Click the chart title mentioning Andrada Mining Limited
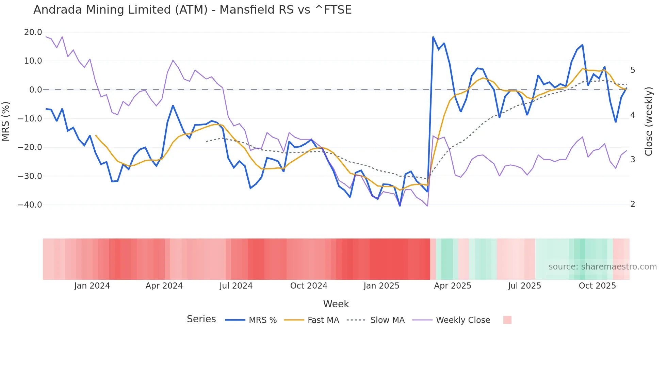[192, 10]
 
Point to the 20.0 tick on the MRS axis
[33, 32]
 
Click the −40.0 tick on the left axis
[30, 205]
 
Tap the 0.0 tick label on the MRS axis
[35, 90]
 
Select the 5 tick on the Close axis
[633, 70]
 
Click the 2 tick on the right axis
[633, 204]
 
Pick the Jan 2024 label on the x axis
[92, 286]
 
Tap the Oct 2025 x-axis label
[597, 286]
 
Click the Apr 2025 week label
[453, 286]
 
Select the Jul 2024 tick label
[236, 286]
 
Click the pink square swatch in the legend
[507, 320]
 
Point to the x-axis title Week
[336, 304]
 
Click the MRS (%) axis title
[5, 121]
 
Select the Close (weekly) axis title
[649, 121]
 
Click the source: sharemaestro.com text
[602, 267]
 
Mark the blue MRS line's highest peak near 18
[433, 37]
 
